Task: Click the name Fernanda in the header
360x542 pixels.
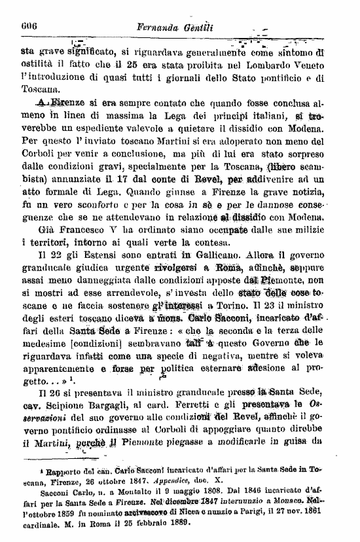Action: pos(162,28)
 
